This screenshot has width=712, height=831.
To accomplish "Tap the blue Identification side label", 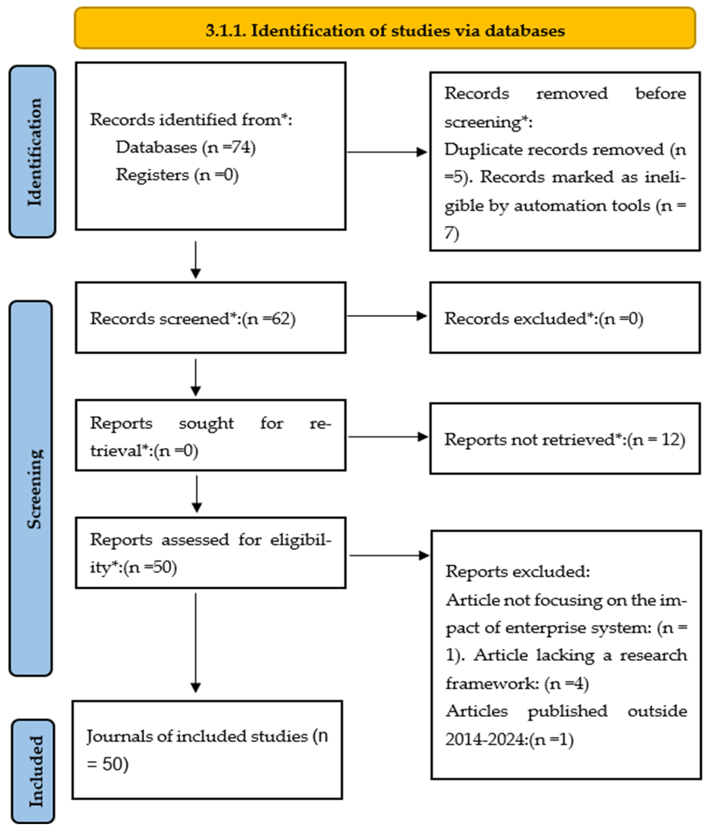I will [x=32, y=152].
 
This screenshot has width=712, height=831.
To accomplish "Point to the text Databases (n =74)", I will [x=185, y=147].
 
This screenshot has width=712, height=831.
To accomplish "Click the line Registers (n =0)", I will [x=177, y=175].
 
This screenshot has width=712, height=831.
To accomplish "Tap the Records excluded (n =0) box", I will [x=565, y=318].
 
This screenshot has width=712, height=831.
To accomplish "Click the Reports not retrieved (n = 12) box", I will [x=565, y=439].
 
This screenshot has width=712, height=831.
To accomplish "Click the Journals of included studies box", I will [x=207, y=750].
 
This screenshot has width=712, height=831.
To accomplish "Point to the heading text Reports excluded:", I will [x=517, y=571].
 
